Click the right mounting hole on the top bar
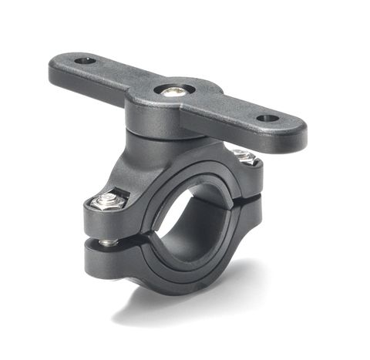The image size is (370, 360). coord(267,119)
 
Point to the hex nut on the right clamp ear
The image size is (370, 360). coord(245,157)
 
